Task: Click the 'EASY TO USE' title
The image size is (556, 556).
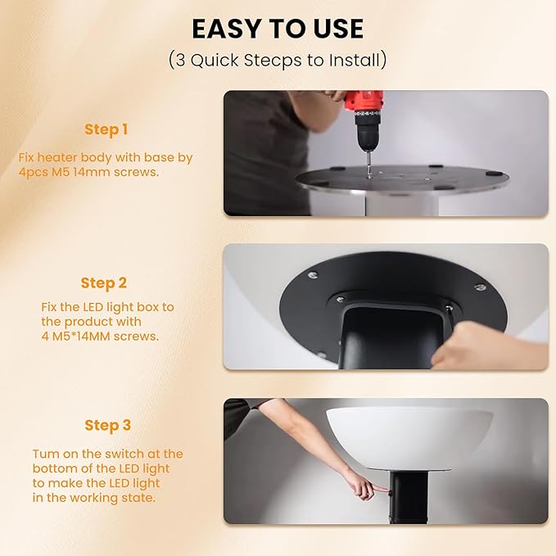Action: click(278, 29)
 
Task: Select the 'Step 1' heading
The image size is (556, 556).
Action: click(106, 129)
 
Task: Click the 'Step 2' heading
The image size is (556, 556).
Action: click(103, 283)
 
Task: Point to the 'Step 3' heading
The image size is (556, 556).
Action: click(108, 426)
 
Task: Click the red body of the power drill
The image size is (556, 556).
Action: click(364, 101)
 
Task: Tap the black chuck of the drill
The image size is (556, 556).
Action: click(368, 130)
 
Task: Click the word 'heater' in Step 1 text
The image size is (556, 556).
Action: click(57, 157)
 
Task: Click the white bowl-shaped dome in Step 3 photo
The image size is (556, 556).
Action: click(409, 437)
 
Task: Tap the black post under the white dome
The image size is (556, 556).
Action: click(409, 497)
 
